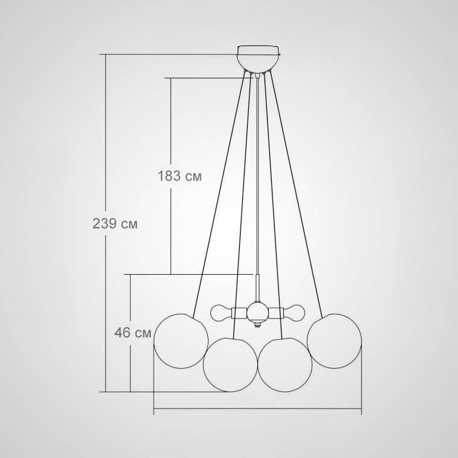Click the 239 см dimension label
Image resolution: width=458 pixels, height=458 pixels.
[114, 224]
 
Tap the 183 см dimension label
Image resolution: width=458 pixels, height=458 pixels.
[180, 176]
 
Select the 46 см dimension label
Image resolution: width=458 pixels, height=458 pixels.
[133, 333]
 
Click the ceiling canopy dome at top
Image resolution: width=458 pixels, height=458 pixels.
[258, 58]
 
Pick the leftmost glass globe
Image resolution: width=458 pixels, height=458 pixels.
[181, 341]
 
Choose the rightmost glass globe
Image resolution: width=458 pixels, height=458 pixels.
[334, 341]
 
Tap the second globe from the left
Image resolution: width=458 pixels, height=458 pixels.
[230, 365]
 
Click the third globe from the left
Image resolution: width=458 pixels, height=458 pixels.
[285, 365]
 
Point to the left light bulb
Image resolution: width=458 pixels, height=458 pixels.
[221, 313]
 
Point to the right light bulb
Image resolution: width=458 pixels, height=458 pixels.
[294, 313]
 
